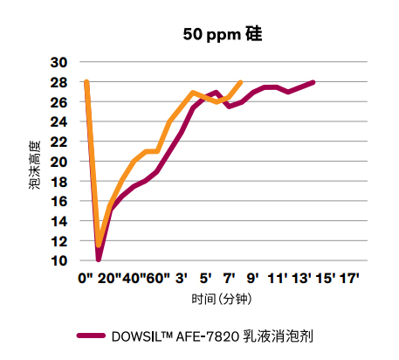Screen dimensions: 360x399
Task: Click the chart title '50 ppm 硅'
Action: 222,36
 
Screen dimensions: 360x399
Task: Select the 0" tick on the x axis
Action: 86,279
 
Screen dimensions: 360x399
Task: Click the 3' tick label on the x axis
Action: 182,279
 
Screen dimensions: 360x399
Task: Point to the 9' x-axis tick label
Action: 253,279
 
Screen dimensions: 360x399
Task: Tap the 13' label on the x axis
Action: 301,279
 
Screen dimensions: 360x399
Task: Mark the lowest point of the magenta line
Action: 99,260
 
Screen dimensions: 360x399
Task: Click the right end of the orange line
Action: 241,82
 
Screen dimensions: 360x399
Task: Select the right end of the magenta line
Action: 313,82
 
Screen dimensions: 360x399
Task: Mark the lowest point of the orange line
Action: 99,246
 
